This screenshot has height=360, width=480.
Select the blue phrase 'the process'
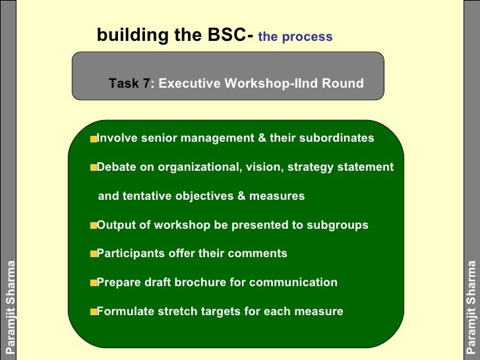[x=295, y=37]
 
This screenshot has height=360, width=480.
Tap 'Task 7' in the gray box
[x=129, y=84]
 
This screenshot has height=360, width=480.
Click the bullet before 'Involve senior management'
[x=94, y=139]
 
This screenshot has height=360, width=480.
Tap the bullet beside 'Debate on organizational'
[x=94, y=167]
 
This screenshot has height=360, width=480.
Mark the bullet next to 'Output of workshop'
[x=94, y=225]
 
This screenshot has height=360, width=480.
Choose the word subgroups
[x=338, y=225]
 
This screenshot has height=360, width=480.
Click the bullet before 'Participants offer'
[x=94, y=254]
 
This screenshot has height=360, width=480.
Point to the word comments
[x=259, y=254]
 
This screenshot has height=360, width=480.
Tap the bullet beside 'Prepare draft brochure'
[x=94, y=283]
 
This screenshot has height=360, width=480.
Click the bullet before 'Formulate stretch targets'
[x=94, y=311]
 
